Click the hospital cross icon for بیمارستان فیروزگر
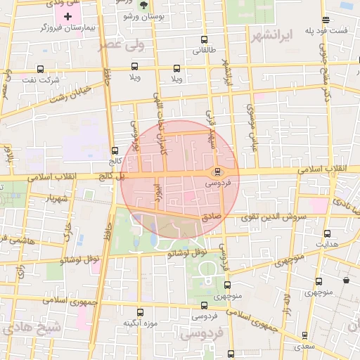67,16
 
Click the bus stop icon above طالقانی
204,40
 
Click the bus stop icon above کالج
115,150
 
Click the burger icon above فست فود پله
324,20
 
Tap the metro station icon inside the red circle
217,172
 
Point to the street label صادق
212,219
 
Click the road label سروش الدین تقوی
274,217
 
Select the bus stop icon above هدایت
327,234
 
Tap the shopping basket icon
346,280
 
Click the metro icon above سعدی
304,335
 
